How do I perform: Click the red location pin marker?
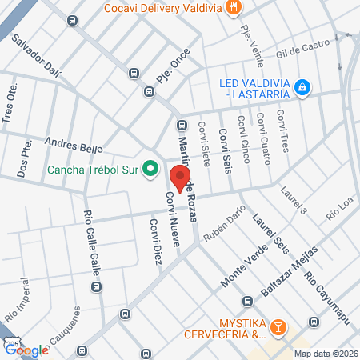(181, 178)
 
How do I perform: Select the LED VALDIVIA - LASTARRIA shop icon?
(302, 86)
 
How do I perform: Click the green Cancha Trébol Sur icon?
(149, 168)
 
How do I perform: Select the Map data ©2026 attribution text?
(326, 354)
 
